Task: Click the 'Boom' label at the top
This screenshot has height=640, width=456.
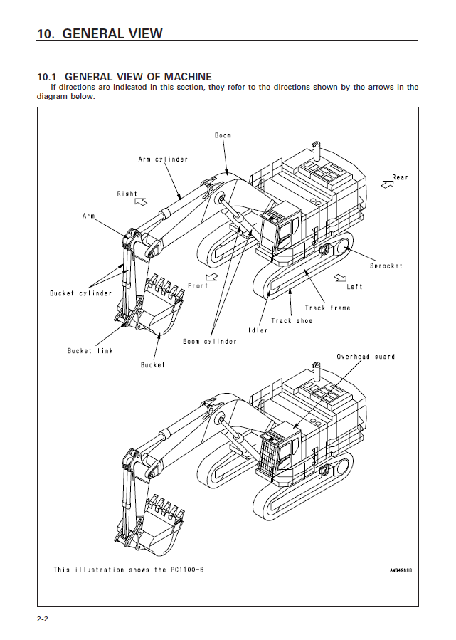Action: pos(223,135)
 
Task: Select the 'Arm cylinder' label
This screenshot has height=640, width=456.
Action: pos(163,159)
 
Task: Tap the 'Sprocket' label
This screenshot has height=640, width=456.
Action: pos(386,266)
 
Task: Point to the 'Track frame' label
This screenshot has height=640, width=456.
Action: pos(327,308)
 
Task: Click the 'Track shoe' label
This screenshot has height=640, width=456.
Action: pos(291,321)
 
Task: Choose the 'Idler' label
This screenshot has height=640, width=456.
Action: pos(258,331)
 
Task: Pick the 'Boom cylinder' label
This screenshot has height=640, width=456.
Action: pos(210,342)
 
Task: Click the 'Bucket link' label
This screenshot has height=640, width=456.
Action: pos(90,351)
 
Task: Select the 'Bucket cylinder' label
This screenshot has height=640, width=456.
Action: pos(80,293)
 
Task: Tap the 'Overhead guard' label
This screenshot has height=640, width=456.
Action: pos(366,356)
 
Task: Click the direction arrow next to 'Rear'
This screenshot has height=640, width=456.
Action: pos(388,184)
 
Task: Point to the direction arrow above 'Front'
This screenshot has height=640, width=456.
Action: pos(211,276)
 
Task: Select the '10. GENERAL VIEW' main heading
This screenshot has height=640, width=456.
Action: pos(100,33)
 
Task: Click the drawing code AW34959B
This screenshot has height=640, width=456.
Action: pos(401,570)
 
